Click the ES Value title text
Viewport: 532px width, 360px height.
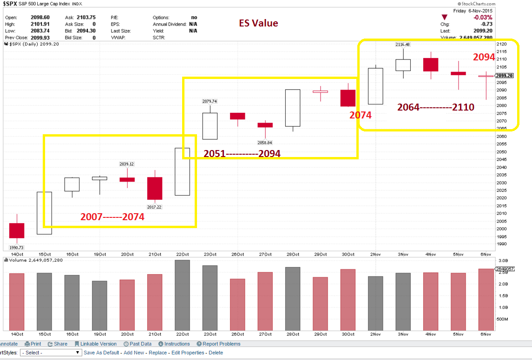[x=258, y=23]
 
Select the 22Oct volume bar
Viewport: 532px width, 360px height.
[x=182, y=295]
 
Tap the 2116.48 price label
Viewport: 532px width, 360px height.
[x=403, y=45]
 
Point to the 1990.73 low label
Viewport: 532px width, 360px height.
[x=17, y=248]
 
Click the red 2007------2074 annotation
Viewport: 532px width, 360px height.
[x=112, y=217]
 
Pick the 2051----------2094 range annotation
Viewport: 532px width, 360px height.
[x=242, y=154]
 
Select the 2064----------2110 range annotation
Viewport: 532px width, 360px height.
[x=436, y=107]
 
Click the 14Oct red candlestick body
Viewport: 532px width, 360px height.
[x=17, y=230]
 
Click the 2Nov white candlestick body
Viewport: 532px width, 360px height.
[x=375, y=86]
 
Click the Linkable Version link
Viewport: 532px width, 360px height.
[x=98, y=344]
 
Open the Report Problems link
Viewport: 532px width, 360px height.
[x=221, y=344]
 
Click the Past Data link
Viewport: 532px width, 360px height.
[x=140, y=344]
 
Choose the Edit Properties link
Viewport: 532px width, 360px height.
[x=188, y=353]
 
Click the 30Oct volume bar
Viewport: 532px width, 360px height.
[x=348, y=300]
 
